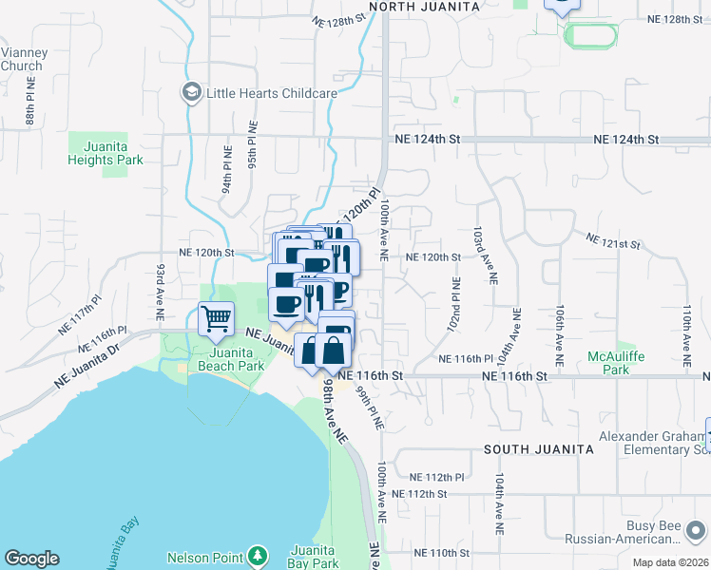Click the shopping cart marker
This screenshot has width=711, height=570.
(x=217, y=318)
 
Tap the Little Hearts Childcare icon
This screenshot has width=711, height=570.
(x=191, y=93)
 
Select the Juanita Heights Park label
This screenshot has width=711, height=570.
(x=106, y=154)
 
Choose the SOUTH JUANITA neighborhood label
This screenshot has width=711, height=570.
(x=526, y=447)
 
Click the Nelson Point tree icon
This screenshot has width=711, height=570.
(x=256, y=556)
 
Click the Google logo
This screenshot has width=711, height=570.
(x=31, y=559)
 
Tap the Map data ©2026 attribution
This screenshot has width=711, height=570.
(x=670, y=562)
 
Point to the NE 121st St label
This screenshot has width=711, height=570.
(x=613, y=244)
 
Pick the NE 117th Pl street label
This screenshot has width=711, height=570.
(x=79, y=313)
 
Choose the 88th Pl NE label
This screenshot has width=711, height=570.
(x=31, y=103)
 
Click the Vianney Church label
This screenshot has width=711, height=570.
(x=21, y=59)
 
